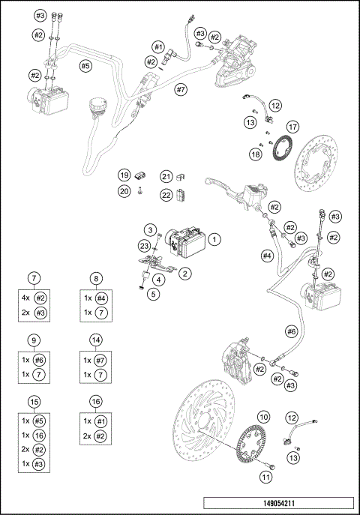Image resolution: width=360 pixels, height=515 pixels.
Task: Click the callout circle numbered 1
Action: point(214,240)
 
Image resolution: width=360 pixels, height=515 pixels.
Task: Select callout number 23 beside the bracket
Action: point(144,245)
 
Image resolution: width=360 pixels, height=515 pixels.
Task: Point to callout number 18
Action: point(256,154)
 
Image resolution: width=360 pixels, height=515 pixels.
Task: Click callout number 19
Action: point(124,175)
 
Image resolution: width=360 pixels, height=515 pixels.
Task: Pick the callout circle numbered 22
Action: point(166,195)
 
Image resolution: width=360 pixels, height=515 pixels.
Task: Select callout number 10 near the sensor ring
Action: point(263,416)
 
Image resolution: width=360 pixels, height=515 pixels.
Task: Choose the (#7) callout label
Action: point(180,89)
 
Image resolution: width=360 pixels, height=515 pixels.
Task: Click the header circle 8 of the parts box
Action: point(97,278)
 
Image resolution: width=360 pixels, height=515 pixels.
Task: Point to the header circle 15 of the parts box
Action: point(33,401)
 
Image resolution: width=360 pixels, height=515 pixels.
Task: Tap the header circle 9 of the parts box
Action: point(33,340)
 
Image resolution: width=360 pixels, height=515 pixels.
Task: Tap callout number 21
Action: point(166,176)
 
